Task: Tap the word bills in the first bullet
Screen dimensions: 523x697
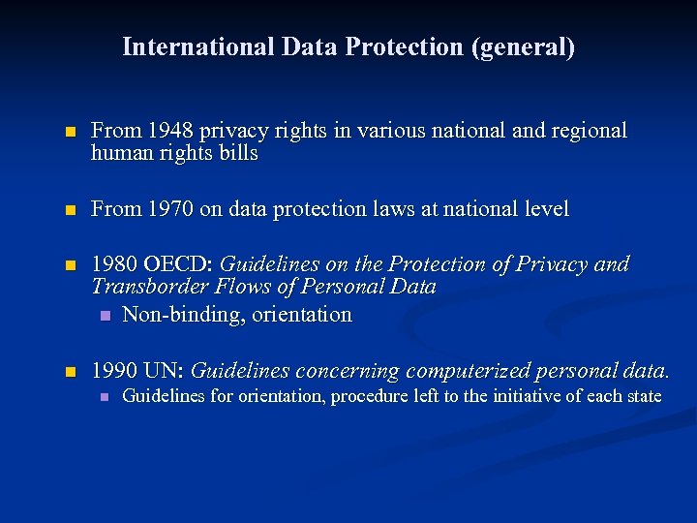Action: point(239,154)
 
